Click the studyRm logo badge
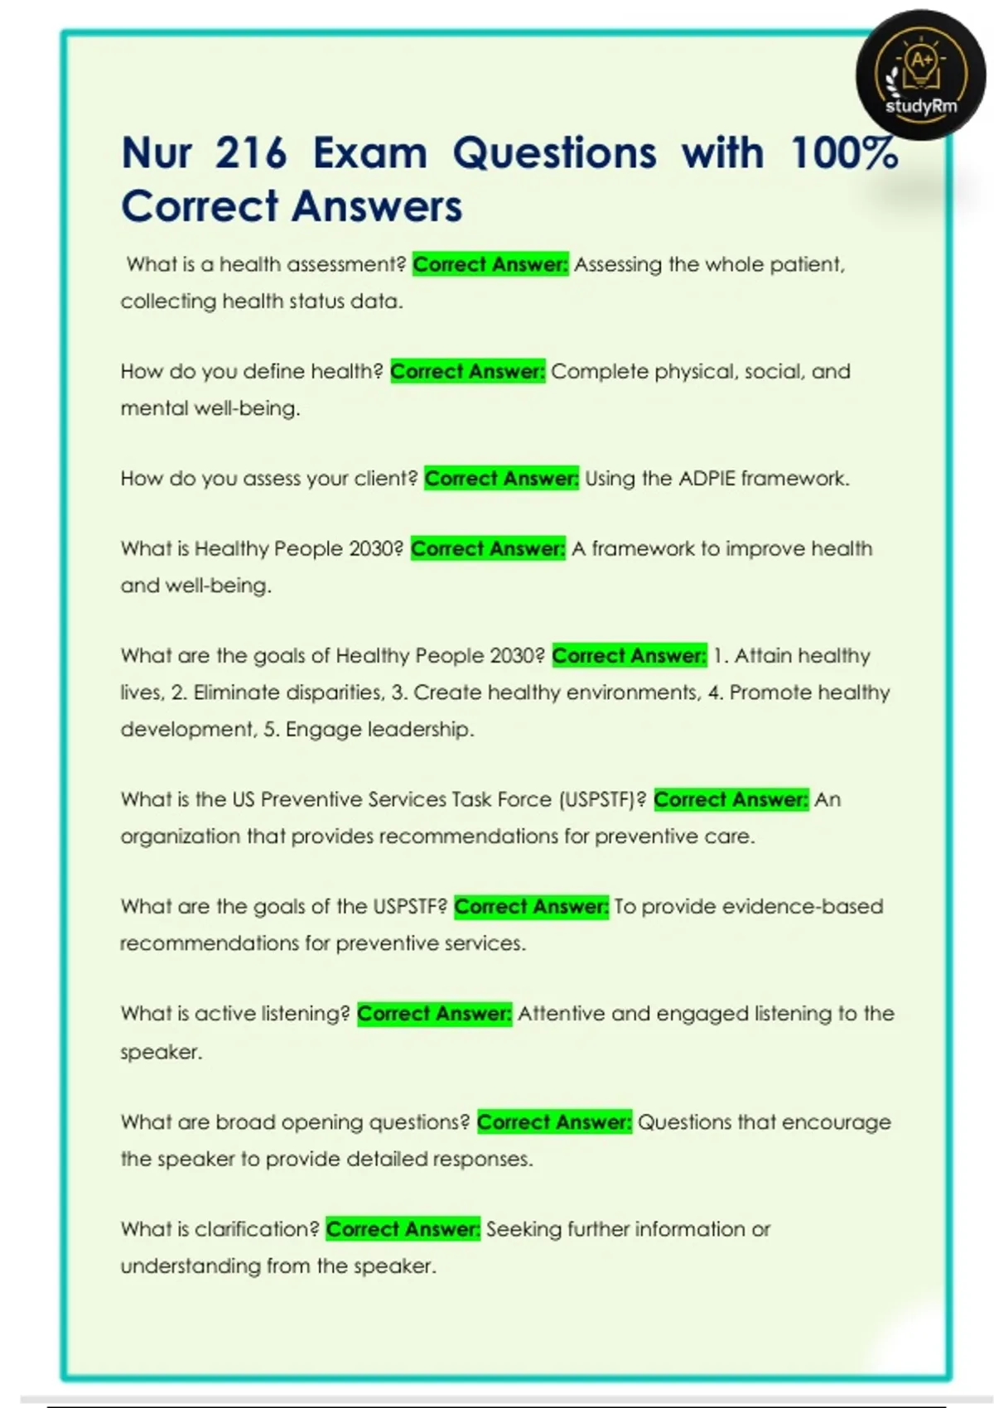pos(920,75)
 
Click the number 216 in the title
pos(251,153)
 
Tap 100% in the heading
pos(844,153)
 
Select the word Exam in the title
pos(369,153)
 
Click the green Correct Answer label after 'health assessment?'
pos(490,265)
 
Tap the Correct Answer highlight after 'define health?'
pos(467,372)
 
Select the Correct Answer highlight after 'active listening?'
pos(434,1014)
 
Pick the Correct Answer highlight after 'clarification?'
pos(403,1229)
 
